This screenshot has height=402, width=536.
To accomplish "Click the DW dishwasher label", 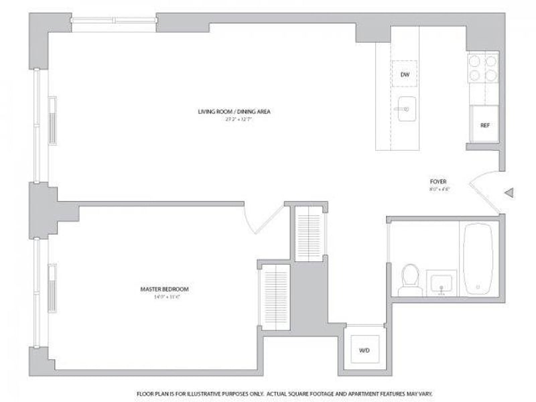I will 405,74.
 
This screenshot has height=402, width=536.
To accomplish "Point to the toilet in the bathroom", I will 409,280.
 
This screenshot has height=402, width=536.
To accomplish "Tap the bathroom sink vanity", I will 442,282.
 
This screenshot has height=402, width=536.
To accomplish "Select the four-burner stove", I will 482,67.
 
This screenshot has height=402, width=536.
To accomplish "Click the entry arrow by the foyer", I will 509,194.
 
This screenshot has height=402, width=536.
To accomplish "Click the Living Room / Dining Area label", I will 234,111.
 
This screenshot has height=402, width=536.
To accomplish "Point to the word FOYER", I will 438,182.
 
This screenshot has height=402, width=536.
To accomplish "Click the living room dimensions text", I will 234,119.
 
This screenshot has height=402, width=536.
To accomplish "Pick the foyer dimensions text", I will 438,190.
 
